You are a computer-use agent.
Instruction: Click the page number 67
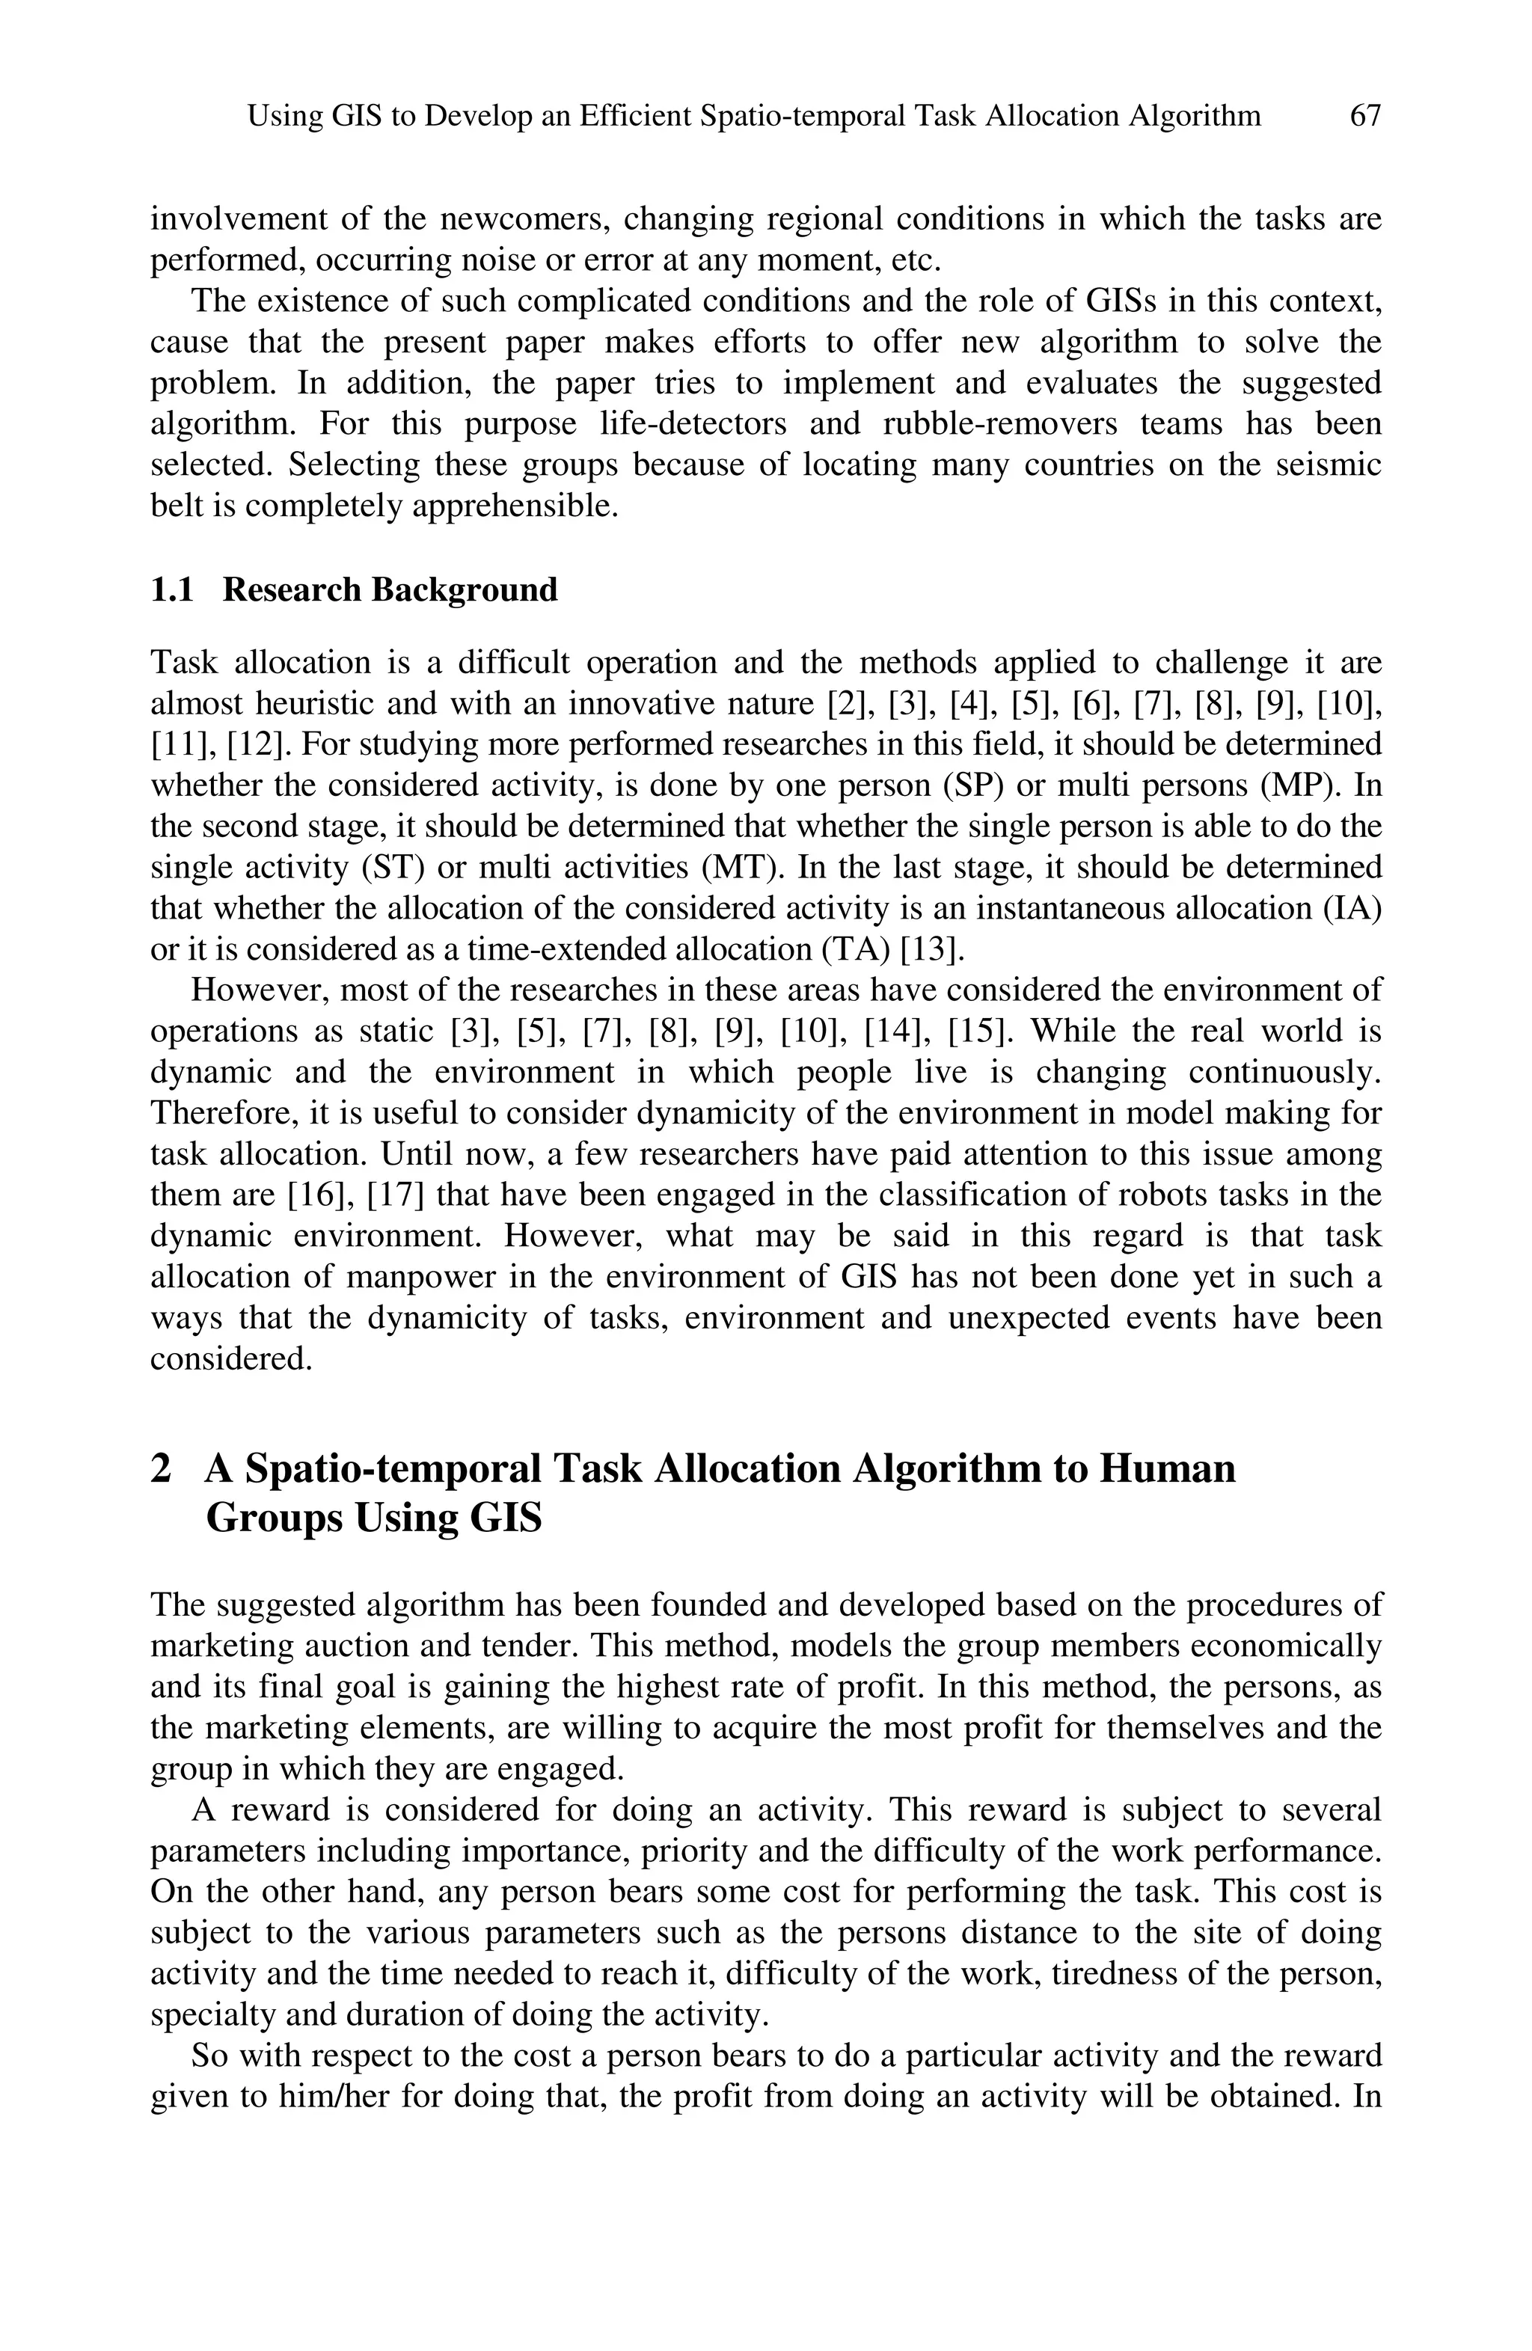point(1364,117)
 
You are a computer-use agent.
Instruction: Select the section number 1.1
point(171,589)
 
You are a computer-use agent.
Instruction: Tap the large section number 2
point(161,1469)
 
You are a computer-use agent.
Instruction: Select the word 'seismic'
point(1326,465)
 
